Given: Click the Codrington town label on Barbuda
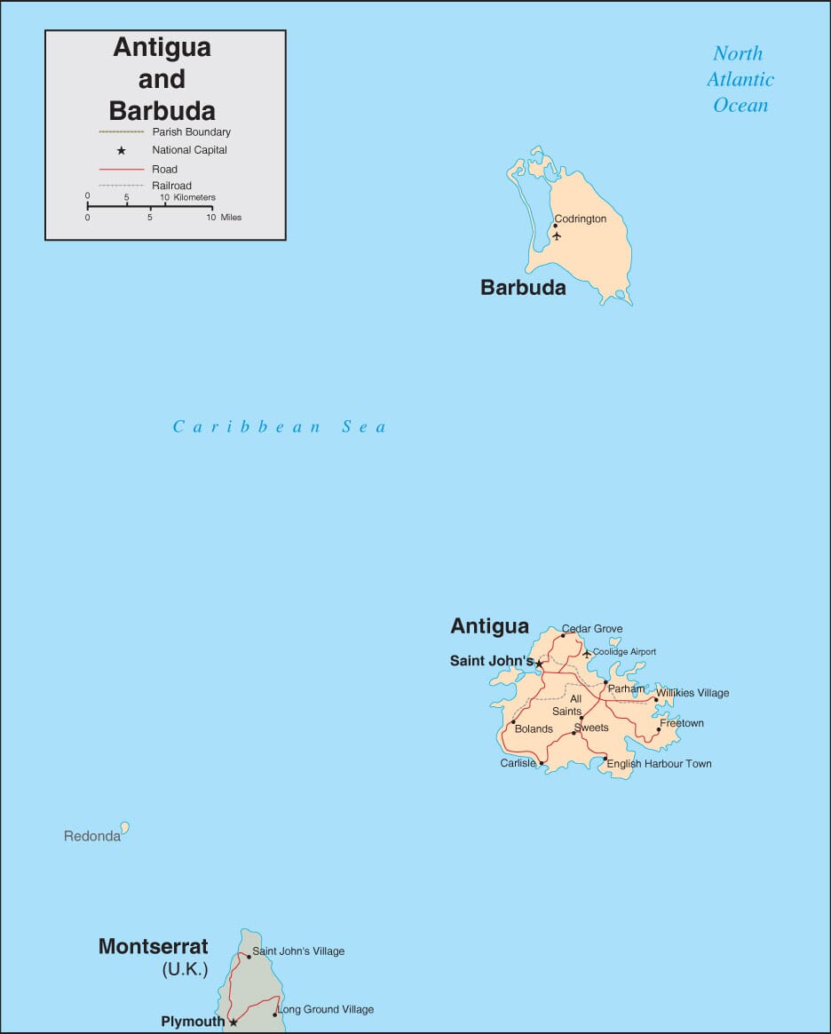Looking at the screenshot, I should tap(580, 219).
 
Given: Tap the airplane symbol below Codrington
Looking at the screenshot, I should tap(557, 235).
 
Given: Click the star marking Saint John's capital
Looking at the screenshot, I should tap(539, 663).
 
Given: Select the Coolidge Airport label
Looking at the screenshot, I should tap(624, 652).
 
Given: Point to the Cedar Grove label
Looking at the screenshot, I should tap(592, 629).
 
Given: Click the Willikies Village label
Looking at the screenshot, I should tap(692, 693).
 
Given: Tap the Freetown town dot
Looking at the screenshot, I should tap(659, 730).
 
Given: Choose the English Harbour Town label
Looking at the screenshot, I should tap(659, 764).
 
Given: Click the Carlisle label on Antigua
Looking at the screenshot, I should tap(518, 763).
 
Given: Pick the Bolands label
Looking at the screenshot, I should tap(534, 729).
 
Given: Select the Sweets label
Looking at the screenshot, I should tap(591, 728).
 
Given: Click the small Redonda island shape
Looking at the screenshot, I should tap(125, 828).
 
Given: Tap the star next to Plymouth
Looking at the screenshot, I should tap(233, 1022).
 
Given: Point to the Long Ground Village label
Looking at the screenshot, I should tap(326, 1009).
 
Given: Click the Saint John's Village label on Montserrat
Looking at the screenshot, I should tap(298, 951).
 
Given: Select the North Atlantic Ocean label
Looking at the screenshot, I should tap(740, 79).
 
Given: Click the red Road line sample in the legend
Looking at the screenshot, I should tap(121, 169).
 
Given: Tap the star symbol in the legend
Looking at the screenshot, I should tap(122, 151).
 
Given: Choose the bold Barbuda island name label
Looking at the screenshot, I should tap(523, 288).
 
